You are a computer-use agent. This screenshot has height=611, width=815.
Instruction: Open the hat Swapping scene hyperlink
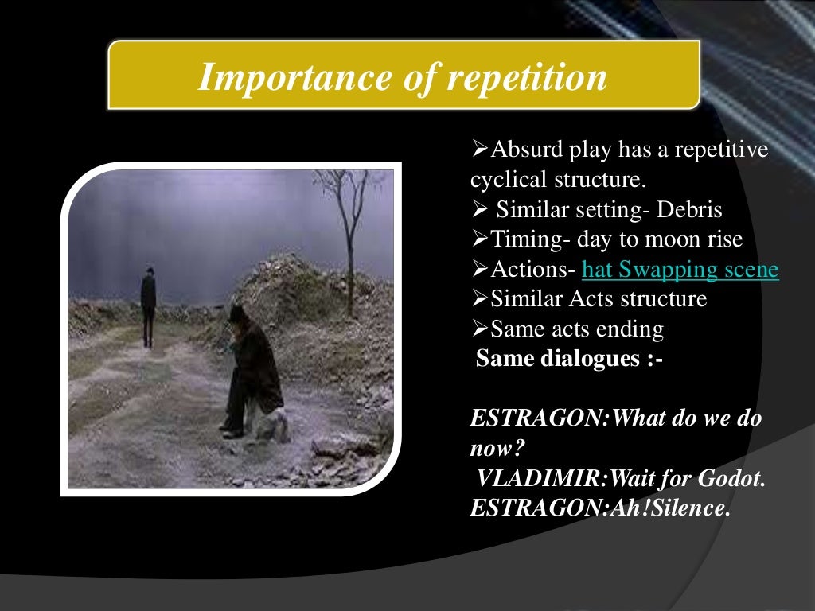680,270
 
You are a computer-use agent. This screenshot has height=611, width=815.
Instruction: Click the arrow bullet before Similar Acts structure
479,300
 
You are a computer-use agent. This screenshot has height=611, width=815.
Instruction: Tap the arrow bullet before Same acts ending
479,329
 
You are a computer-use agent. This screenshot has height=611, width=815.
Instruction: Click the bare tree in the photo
347,231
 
